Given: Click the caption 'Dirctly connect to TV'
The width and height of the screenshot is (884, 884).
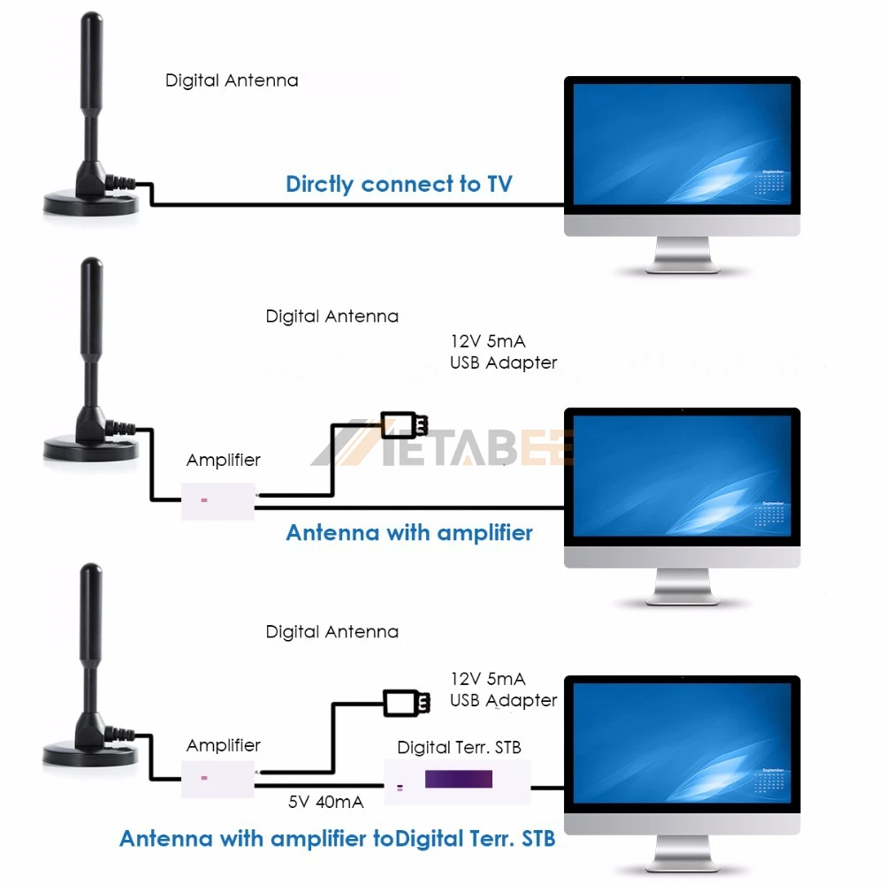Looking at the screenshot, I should [x=399, y=184].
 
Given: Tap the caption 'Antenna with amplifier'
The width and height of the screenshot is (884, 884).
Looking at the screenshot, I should [x=409, y=532].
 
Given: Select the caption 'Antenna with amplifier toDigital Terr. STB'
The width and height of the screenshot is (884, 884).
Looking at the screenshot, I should [x=338, y=838].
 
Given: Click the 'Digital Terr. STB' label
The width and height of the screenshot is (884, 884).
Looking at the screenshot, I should [x=459, y=747].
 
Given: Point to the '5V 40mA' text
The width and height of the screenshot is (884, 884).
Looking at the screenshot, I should [x=325, y=803].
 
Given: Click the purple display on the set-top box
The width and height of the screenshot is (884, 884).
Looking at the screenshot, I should [x=458, y=780].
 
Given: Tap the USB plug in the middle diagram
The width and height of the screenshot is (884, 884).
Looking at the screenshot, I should [x=404, y=425].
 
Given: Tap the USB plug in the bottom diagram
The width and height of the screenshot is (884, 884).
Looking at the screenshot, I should [x=407, y=703].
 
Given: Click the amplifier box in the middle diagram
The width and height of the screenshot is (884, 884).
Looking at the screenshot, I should [x=217, y=501].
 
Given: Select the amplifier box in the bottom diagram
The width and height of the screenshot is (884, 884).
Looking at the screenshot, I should [x=217, y=778].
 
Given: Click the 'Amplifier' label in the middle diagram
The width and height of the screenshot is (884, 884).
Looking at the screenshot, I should [x=224, y=460].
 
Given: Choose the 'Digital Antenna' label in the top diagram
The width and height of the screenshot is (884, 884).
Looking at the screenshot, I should [x=232, y=80].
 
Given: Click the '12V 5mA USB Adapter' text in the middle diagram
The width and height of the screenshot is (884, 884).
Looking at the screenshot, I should [x=503, y=351].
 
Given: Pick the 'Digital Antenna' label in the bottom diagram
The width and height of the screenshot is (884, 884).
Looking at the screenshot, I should [x=331, y=632].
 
